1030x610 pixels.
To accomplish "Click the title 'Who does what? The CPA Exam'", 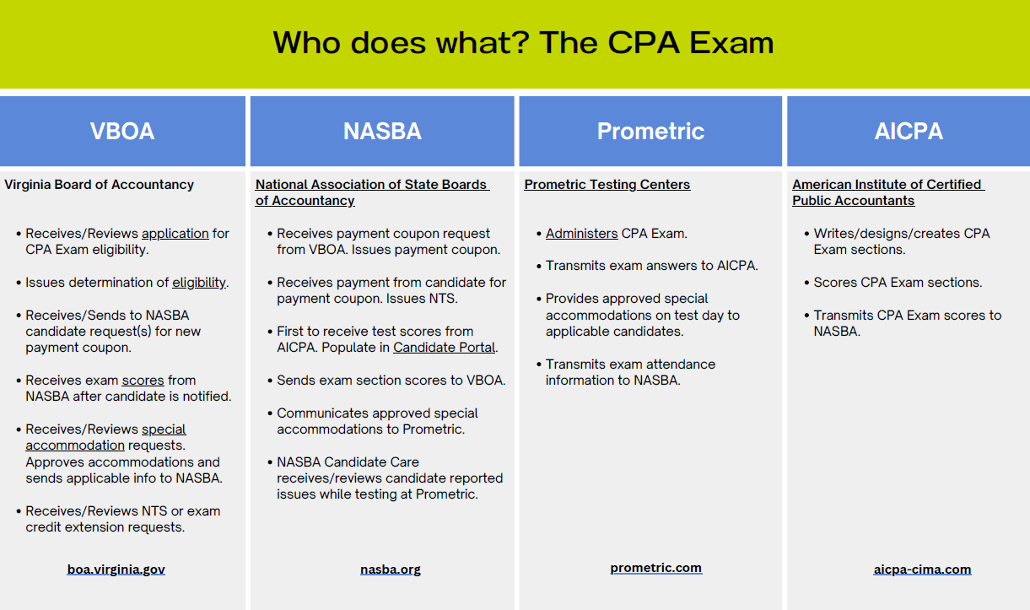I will click(523, 42).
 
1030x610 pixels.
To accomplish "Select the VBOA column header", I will click(122, 132).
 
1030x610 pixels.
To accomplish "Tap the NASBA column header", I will click(382, 132).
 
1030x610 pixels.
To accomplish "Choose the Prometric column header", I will click(650, 132).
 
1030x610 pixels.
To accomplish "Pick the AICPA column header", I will click(909, 132).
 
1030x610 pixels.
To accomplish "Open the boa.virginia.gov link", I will click(116, 570).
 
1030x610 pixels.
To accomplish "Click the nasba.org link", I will click(391, 570).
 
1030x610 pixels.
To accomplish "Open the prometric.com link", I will click(655, 568).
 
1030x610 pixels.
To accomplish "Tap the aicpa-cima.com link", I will click(922, 570).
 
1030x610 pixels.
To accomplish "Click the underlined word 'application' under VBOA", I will click(175, 234).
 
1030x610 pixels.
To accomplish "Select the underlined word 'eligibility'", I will click(199, 283).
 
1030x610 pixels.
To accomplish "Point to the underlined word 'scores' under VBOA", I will click(143, 381).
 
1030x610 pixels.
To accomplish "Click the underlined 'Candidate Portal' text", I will click(445, 348).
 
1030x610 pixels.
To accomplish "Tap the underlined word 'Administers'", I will click(581, 234).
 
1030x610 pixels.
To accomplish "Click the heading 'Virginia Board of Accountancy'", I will click(100, 185).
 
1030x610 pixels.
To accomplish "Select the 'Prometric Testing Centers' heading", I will click(607, 185).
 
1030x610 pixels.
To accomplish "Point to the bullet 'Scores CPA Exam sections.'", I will click(898, 283).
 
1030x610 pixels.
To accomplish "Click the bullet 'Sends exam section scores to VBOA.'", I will click(391, 381).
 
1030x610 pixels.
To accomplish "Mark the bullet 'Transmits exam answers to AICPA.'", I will click(651, 266).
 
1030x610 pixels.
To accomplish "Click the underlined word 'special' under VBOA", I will click(164, 429).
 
